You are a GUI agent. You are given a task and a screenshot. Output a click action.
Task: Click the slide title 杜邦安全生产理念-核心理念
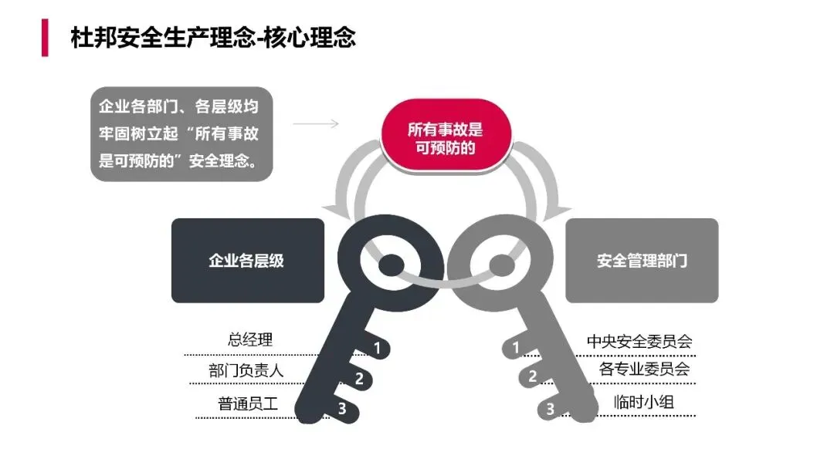pos(213,38)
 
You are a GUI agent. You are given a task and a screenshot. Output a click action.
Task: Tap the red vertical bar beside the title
pos(45,38)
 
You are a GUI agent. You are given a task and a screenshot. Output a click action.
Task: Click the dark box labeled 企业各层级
pos(247,260)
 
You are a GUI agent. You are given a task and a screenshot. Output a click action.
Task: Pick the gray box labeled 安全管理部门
pos(642,260)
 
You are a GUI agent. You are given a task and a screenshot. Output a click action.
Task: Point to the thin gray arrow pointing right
pos(317,123)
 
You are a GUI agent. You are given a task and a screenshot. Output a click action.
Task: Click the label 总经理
pos(250,339)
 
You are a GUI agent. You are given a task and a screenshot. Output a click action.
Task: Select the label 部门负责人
pos(246,370)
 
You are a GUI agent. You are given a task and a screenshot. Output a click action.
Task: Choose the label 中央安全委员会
pos(639,340)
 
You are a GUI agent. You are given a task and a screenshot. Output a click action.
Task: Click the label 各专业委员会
pos(644,369)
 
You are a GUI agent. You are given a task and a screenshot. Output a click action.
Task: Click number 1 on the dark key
pos(377,348)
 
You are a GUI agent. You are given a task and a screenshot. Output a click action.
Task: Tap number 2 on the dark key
pos(359,378)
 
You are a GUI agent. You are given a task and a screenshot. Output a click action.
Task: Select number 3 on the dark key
pos(341,409)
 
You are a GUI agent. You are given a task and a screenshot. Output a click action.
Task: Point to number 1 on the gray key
pos(516,348)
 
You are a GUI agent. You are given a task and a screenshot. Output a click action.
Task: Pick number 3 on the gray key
pos(551,409)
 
